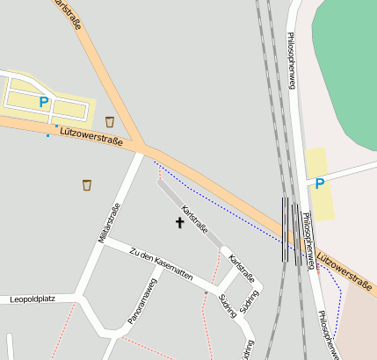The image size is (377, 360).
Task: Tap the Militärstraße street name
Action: click(112, 222)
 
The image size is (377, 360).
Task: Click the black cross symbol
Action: click(180, 222)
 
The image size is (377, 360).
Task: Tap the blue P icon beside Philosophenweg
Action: click(320, 184)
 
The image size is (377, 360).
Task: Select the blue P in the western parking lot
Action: click(43, 102)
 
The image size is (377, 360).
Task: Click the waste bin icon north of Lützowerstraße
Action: click(110, 121)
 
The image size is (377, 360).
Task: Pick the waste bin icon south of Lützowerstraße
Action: click(87, 184)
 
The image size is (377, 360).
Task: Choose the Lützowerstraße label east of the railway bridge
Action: click(344, 268)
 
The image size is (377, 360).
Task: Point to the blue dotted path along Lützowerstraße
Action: click(220, 194)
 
